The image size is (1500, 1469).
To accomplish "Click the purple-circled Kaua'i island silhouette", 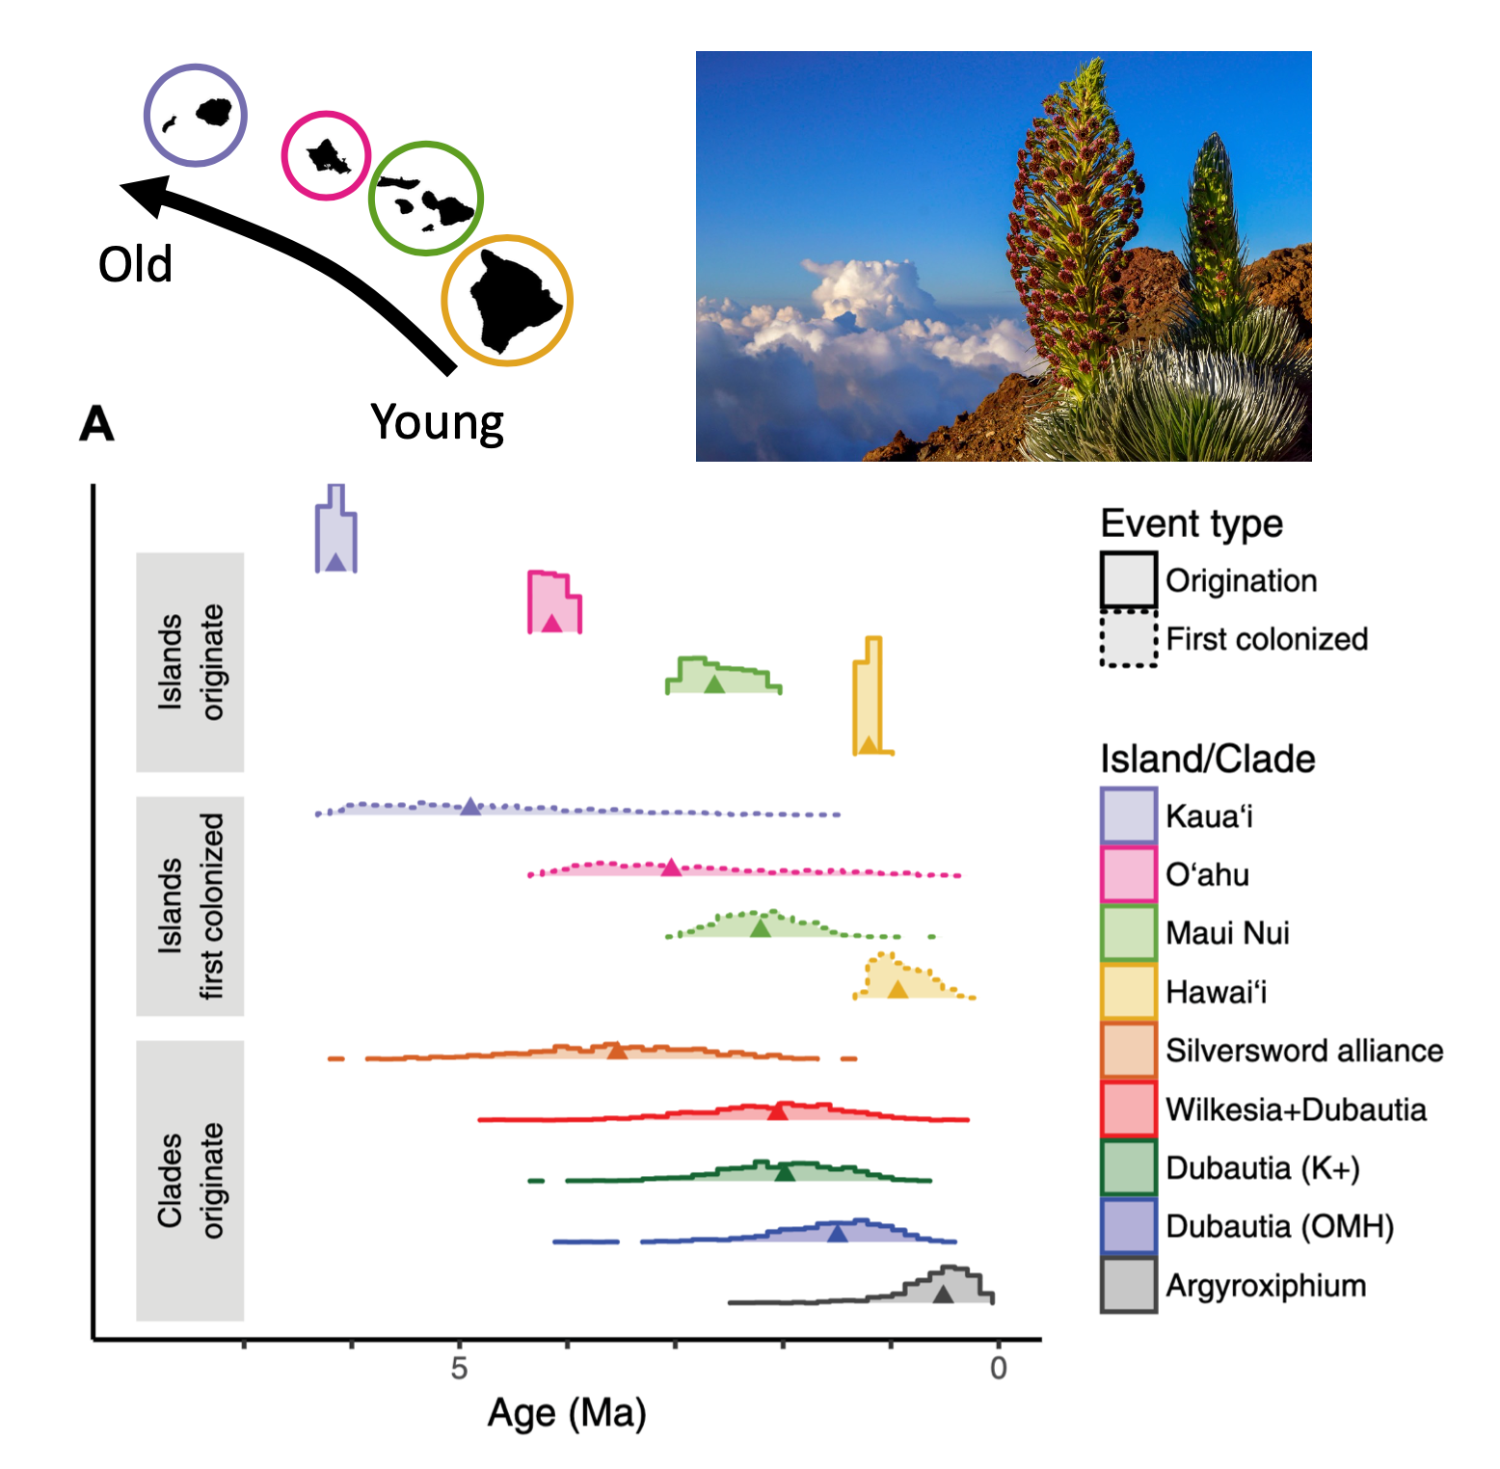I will tap(214, 112).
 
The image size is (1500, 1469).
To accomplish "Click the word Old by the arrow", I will tap(135, 264).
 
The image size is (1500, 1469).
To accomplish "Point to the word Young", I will tap(438, 422).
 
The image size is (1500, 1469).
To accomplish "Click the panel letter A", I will tap(96, 424).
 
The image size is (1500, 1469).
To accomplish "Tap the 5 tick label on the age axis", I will tap(459, 1368).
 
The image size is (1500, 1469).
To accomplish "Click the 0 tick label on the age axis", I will tap(999, 1368).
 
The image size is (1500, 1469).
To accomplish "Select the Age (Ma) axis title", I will tap(567, 1413).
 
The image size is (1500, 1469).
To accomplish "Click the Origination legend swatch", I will tap(1129, 580).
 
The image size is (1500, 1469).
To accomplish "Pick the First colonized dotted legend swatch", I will tap(1129, 638).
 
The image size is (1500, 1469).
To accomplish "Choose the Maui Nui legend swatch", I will tap(1129, 933).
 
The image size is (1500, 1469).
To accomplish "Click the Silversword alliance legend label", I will tap(1304, 1051).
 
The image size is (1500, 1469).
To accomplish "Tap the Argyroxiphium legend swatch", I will tap(1129, 1285).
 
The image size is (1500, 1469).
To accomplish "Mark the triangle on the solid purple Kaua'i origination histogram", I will tap(335, 562).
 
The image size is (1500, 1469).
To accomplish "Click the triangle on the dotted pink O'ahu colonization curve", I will tap(671, 868).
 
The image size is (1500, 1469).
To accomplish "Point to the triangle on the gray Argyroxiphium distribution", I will tap(943, 1295).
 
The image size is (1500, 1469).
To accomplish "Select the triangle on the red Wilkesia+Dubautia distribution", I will tap(778, 1111).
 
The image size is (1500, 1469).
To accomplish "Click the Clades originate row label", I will tap(190, 1180).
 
